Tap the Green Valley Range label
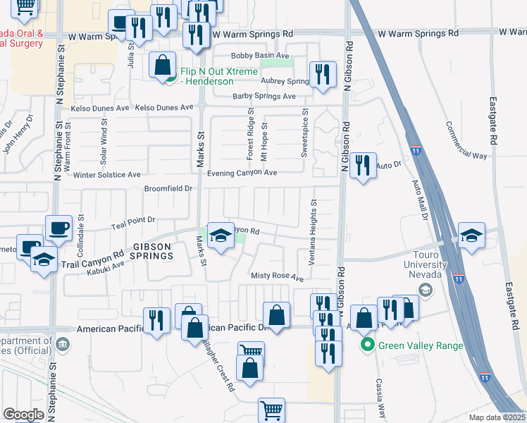click(x=421, y=345)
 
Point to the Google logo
click(x=23, y=415)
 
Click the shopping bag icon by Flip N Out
click(x=163, y=66)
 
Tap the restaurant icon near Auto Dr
click(x=362, y=166)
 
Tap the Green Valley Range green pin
click(x=366, y=345)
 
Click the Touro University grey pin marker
click(x=425, y=289)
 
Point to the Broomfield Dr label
click(x=168, y=189)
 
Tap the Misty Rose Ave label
click(x=277, y=277)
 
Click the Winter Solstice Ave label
click(x=107, y=175)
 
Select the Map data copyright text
click(x=497, y=417)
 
